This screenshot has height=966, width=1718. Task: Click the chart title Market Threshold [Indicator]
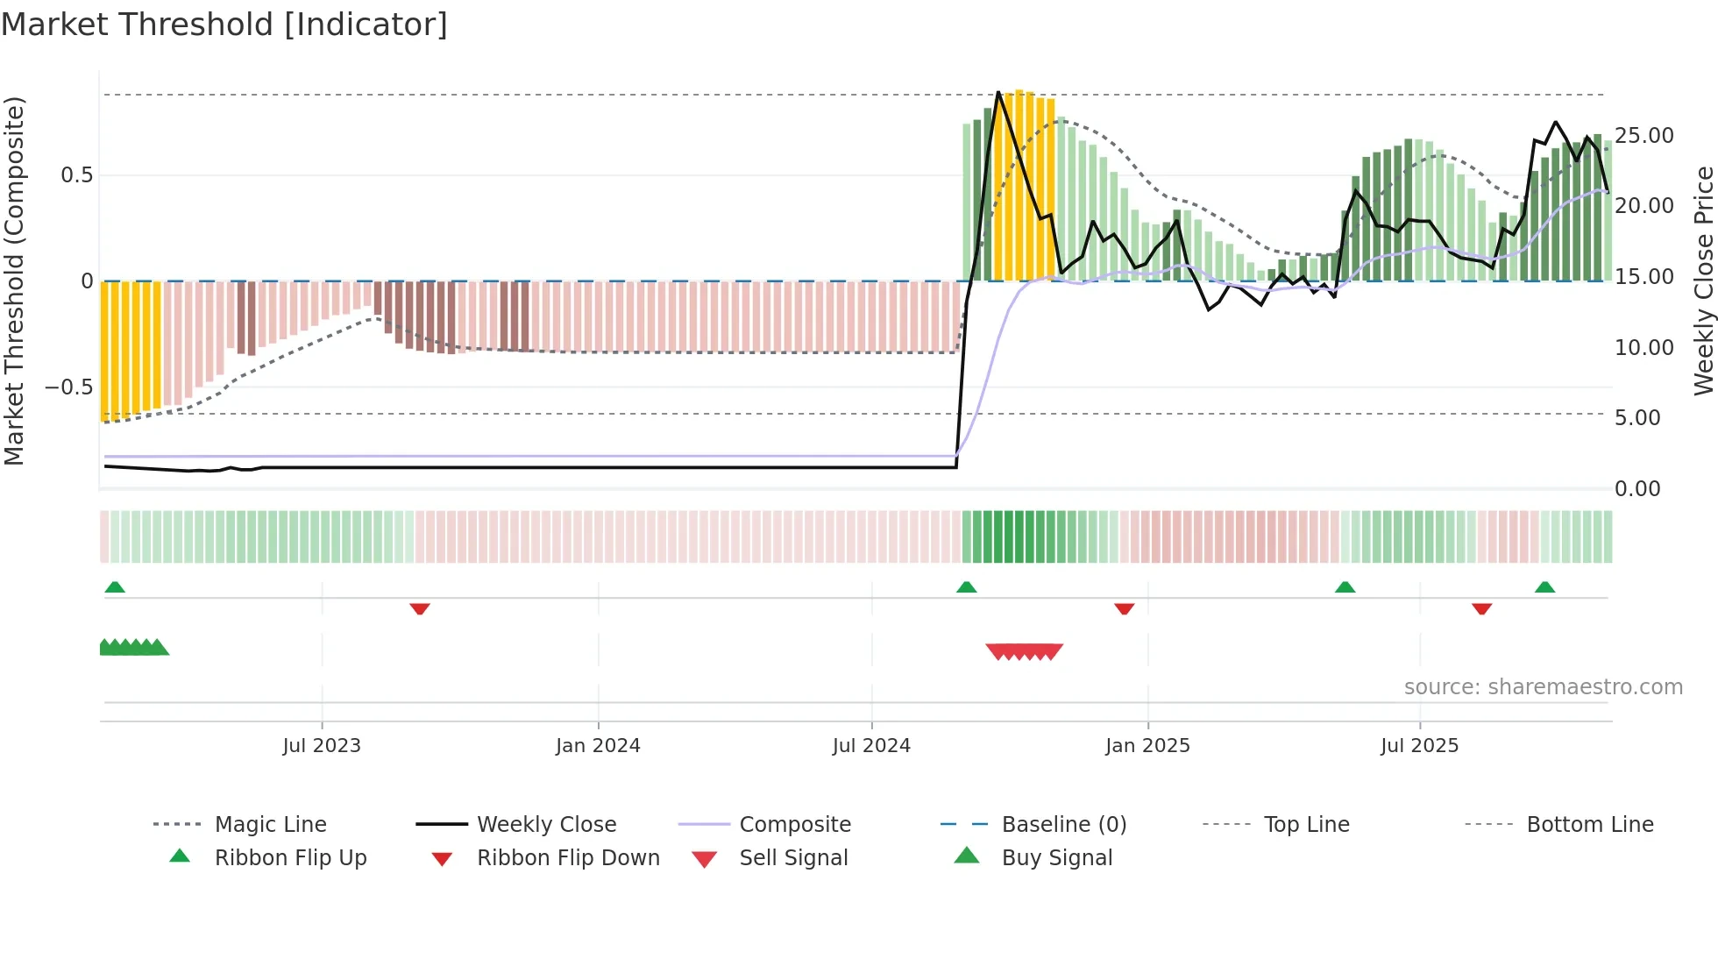224,25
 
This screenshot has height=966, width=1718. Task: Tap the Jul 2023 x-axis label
322,746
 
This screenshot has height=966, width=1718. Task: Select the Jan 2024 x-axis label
598,746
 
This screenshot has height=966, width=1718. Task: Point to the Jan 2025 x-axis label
1147,746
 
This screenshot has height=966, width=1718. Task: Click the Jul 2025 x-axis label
1419,746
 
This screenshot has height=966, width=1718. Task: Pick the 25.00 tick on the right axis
1644,136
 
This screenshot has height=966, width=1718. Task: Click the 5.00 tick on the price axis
1637,418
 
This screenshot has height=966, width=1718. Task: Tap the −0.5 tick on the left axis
69,387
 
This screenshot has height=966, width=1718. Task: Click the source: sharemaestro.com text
1543,687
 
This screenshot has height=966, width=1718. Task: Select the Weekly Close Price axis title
1703,281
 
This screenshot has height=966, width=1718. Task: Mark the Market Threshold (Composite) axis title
14,281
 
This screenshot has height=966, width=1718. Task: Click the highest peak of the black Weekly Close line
998,92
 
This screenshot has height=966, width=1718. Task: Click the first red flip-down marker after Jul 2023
420,608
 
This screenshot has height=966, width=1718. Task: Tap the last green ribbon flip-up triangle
1544,587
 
